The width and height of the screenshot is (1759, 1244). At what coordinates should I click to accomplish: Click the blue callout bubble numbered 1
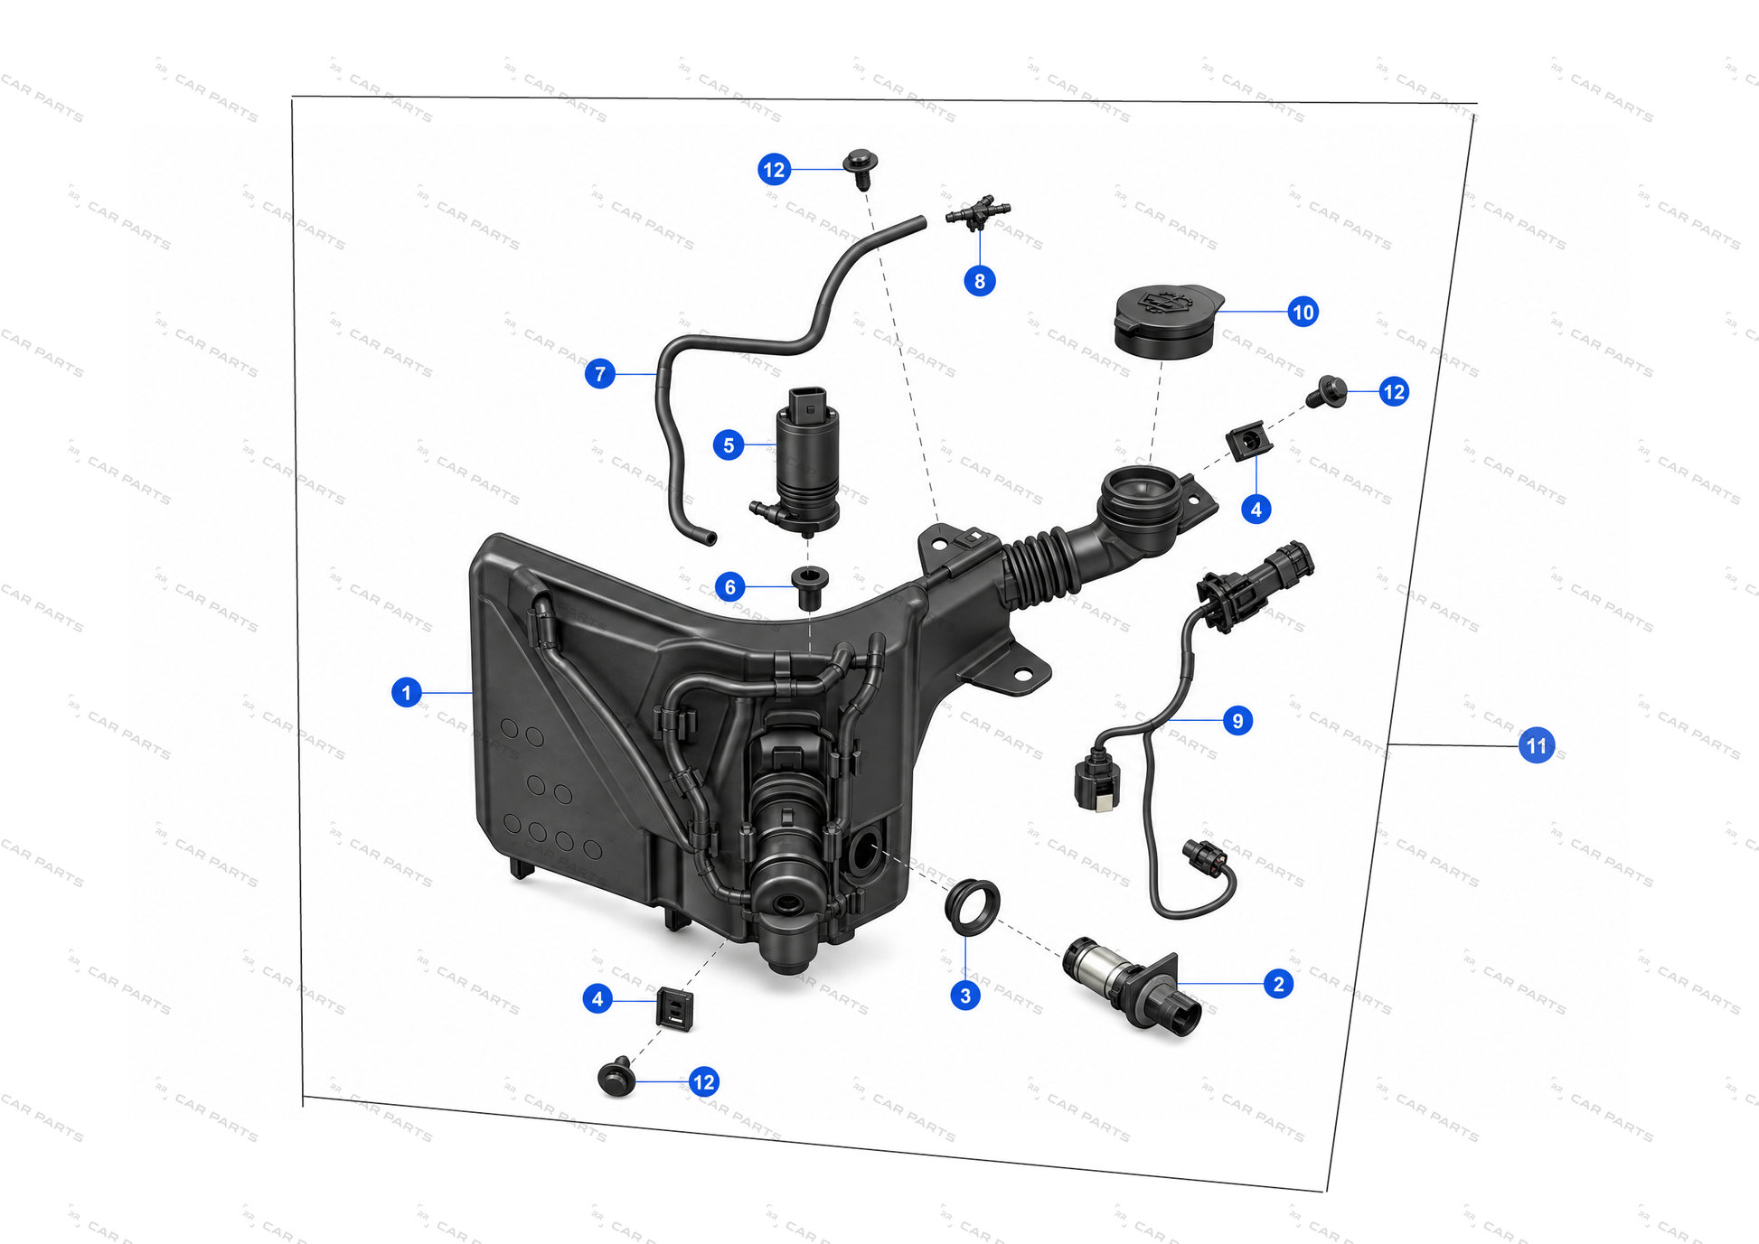coord(407,692)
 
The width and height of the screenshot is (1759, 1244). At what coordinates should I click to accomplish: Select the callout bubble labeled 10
coord(1303,313)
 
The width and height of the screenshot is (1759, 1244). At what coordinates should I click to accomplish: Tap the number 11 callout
coord(1537,745)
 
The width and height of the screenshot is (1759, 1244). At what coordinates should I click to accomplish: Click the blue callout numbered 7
coord(600,373)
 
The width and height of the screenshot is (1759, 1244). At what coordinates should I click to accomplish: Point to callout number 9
coord(1237,721)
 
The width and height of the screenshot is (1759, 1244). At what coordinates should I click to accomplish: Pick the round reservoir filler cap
coord(1168,321)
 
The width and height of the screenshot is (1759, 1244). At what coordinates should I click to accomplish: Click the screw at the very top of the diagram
coord(861,167)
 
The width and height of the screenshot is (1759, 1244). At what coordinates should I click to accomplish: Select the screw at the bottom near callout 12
coord(617,1076)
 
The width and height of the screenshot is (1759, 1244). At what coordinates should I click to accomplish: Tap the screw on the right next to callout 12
coord(1327,392)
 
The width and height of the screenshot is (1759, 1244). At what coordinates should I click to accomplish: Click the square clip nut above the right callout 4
coord(1249,442)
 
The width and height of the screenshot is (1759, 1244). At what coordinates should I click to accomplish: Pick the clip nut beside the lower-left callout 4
coord(675,1007)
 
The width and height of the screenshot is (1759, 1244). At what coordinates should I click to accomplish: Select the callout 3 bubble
coord(965,996)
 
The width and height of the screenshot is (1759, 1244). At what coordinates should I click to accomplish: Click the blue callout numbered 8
coord(980,281)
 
